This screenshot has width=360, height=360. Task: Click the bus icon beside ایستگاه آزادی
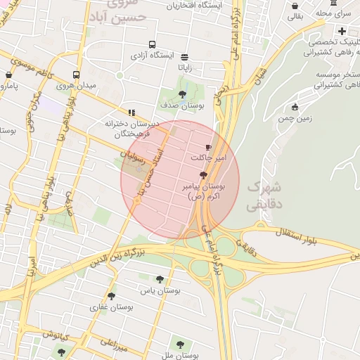pos(134,54)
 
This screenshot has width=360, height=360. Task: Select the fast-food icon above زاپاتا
pos(184,57)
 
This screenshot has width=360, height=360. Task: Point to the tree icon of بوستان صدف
pos(183,94)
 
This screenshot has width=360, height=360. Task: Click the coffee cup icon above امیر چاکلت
pos(207,147)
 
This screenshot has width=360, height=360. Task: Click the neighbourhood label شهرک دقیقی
pos(264,198)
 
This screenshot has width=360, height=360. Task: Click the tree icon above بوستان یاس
pos(160,279)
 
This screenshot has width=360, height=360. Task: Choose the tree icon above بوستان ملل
pos(180,345)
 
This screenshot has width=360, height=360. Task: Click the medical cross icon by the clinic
pos(342,31)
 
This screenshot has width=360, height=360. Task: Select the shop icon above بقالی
pos(295,6)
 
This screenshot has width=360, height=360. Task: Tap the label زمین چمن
pos(295,118)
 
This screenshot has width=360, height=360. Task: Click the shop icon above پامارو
pos(9,75)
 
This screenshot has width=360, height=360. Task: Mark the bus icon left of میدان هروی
pos(76,75)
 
